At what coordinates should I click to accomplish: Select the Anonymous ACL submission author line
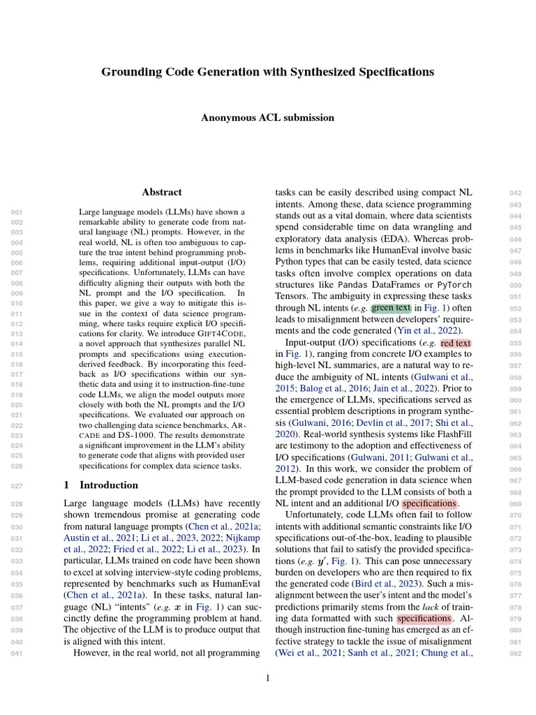click(x=268, y=118)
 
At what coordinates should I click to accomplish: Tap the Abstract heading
click(x=162, y=192)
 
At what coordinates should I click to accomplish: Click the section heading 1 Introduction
click(x=100, y=485)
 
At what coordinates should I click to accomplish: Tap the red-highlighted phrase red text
click(x=456, y=343)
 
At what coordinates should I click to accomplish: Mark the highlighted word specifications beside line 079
click(x=424, y=618)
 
